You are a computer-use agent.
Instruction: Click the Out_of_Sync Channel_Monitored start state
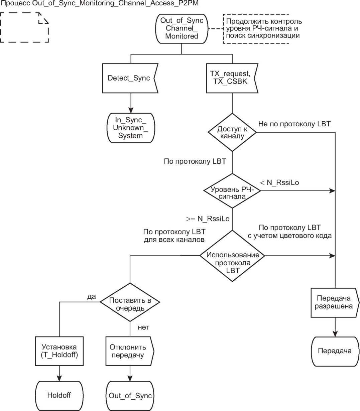click(182, 28)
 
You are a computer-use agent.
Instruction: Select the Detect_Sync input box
click(129, 78)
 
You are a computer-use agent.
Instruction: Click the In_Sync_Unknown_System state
click(130, 128)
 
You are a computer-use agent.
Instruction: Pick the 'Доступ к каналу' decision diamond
click(232, 132)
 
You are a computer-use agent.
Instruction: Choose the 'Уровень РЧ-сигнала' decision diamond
click(232, 191)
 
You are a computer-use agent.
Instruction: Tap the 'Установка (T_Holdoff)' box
click(59, 351)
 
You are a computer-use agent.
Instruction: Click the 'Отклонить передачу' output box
click(129, 351)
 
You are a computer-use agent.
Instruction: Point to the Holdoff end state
click(59, 395)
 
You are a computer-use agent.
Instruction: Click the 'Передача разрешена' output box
click(335, 302)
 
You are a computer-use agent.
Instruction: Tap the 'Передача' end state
click(335, 351)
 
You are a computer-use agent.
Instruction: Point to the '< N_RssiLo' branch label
click(279, 182)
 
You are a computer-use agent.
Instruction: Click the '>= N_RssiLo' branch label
click(208, 219)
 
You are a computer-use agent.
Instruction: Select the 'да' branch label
click(91, 296)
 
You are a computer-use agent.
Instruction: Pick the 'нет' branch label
click(143, 327)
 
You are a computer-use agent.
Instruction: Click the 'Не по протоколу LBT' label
click(294, 124)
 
